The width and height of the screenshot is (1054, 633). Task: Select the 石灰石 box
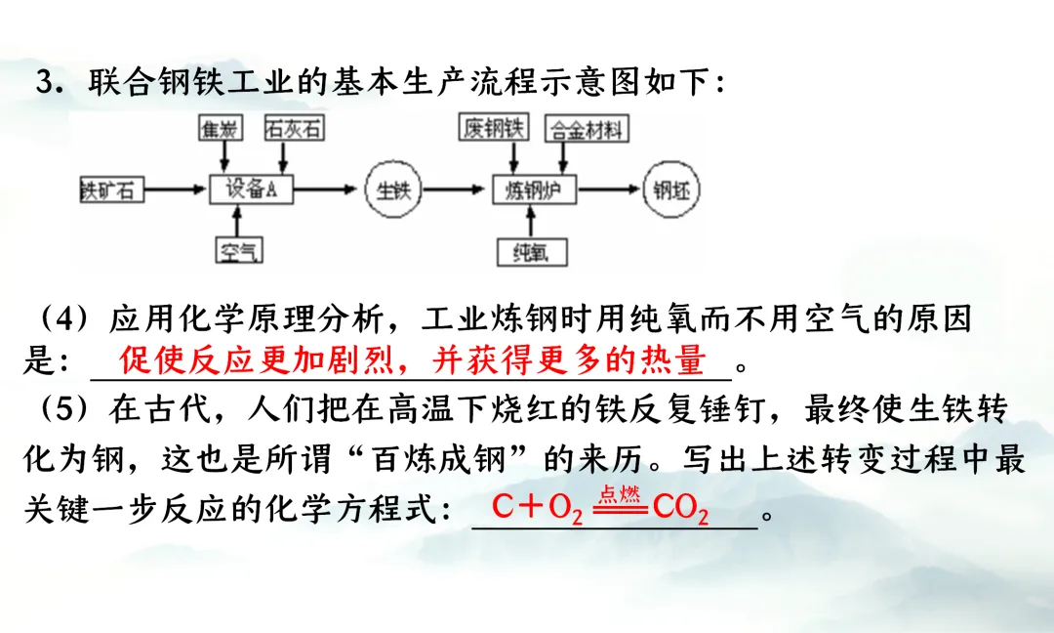point(294,129)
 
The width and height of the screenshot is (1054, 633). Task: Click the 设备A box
point(252,190)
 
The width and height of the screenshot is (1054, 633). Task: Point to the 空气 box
point(239,251)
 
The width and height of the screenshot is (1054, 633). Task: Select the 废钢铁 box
point(494,128)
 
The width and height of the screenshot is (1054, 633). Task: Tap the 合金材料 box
point(586,129)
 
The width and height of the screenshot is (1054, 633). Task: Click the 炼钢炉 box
point(534,190)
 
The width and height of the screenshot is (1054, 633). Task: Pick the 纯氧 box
point(532,252)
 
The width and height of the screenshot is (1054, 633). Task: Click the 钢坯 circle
point(671,190)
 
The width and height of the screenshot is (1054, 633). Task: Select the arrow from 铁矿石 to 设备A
point(177,190)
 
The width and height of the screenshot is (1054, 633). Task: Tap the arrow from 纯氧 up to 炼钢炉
point(532,221)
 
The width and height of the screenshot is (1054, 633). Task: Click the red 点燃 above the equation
point(619,494)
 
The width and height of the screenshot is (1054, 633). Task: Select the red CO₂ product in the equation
point(679,509)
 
